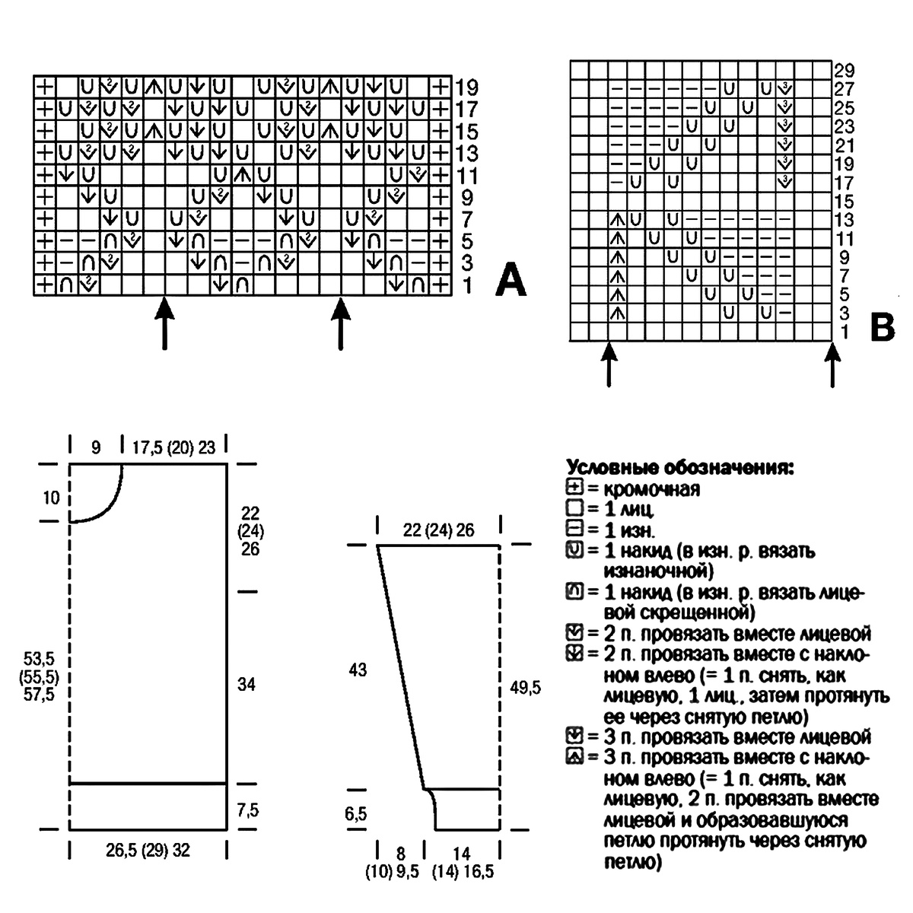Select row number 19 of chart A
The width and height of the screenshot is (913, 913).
pos(466,86)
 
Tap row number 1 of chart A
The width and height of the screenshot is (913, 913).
pos(466,285)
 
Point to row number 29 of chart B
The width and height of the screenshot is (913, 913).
pos(844,70)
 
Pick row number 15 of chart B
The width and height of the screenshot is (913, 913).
pos(844,202)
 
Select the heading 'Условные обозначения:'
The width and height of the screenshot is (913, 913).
pos(680,467)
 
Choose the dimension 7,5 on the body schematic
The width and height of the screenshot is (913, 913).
pos(247,810)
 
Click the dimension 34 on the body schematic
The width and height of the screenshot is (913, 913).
pos(246,686)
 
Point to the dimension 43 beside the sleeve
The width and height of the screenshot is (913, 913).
pos(358,670)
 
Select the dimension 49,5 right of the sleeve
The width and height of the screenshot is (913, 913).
pos(525,687)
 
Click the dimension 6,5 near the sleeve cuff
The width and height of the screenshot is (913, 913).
pos(355,814)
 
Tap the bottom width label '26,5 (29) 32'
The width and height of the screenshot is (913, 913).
pos(148,851)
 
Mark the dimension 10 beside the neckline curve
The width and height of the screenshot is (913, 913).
pos(51,498)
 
